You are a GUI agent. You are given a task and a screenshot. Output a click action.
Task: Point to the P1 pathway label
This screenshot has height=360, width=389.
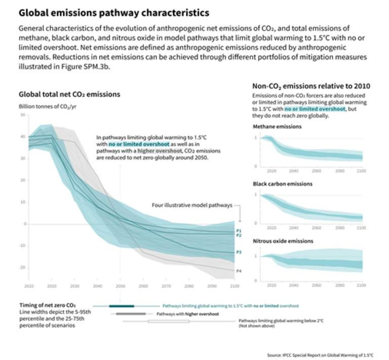point(239,231)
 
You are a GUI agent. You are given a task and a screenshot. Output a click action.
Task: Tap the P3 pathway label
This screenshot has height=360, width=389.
point(239,252)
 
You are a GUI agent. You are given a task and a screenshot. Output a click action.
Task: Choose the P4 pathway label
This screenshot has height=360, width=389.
point(239,271)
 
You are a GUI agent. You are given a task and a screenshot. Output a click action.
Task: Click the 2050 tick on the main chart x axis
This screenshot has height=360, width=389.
point(120,286)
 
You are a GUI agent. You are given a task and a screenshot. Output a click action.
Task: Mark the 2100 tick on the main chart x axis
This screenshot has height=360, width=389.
point(235,286)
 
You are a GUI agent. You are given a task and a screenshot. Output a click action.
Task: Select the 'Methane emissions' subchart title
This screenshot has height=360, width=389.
point(277,127)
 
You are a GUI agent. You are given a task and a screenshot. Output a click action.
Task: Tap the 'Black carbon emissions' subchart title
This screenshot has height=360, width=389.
point(282,184)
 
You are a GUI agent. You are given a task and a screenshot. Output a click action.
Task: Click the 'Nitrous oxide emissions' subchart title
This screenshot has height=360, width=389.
point(283,241)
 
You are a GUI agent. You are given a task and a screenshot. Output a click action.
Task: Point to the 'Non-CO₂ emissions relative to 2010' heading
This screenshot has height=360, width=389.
point(310,86)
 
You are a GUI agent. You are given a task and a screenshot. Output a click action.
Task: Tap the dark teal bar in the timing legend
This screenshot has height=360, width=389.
point(121,306)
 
